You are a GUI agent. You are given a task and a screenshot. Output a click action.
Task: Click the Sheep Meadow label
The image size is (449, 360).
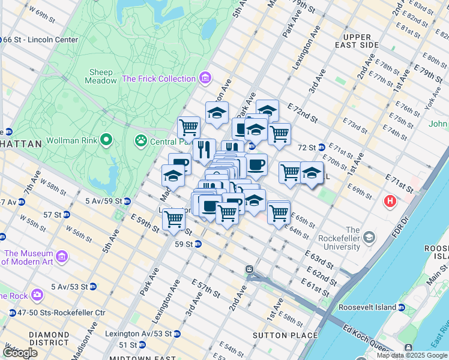tap(100, 75)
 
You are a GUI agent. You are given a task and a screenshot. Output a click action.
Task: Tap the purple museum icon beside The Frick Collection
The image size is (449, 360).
tap(205, 79)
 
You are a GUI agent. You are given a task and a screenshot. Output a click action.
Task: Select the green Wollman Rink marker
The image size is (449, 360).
tap(107, 140)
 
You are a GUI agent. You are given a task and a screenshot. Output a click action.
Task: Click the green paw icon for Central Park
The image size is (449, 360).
tap(141, 141)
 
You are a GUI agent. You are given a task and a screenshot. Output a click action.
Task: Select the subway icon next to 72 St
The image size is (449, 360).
tap(321, 147)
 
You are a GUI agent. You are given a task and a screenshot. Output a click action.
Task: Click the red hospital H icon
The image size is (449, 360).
tap(390, 201)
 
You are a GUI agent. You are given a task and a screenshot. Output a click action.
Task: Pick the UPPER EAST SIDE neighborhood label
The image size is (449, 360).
tap(357, 41)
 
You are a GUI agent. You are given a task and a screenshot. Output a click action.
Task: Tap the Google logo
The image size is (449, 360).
tap(20, 352)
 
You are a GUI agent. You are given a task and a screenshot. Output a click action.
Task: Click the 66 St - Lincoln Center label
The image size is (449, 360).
tap(41, 40)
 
